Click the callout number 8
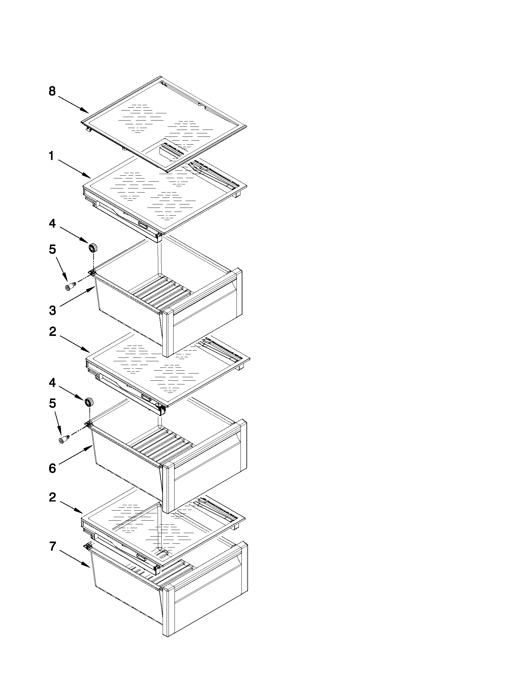pyautogui.click(x=52, y=91)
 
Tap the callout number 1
pyautogui.click(x=51, y=156)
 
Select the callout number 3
pyautogui.click(x=53, y=310)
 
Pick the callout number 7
pyautogui.click(x=53, y=546)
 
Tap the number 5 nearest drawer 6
pyautogui.click(x=53, y=404)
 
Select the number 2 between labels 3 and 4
pyautogui.click(x=53, y=332)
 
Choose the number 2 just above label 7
pyautogui.click(x=53, y=497)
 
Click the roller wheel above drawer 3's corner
pyautogui.click(x=93, y=248)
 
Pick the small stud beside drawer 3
pyautogui.click(x=70, y=286)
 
